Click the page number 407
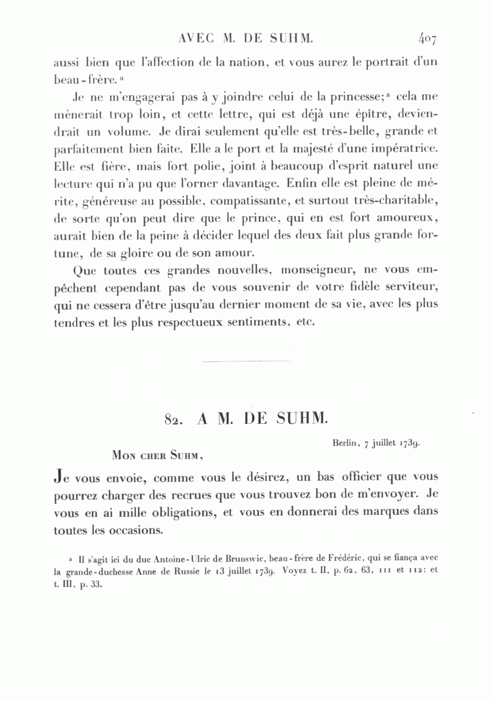pos(427,38)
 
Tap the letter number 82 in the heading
pos(173,420)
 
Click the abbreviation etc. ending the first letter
pos(305,322)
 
